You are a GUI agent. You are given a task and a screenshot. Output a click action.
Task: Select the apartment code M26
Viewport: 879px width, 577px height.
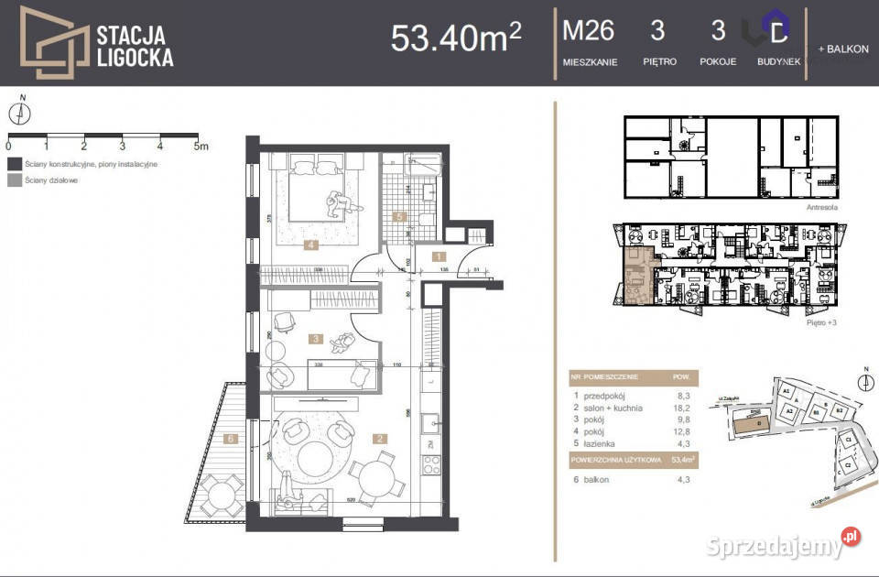coord(588,31)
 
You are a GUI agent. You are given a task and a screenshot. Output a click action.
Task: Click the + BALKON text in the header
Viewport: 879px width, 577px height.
coord(843,49)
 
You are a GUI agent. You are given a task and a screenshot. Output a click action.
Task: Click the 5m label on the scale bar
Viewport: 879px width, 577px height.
coord(201,146)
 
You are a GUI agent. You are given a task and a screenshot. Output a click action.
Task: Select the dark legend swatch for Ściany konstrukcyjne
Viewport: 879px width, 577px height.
coord(14,164)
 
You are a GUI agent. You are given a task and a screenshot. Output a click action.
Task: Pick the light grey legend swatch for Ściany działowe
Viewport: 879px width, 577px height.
coord(14,180)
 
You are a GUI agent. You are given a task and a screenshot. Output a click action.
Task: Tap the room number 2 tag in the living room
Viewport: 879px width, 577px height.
coord(378,439)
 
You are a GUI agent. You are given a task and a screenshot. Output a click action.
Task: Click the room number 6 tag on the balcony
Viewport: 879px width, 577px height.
coord(231,440)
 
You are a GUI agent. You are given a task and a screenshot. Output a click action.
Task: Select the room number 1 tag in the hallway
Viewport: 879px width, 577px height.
coord(439,257)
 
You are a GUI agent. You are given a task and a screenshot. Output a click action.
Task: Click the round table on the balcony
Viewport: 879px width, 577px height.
coord(221,496)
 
